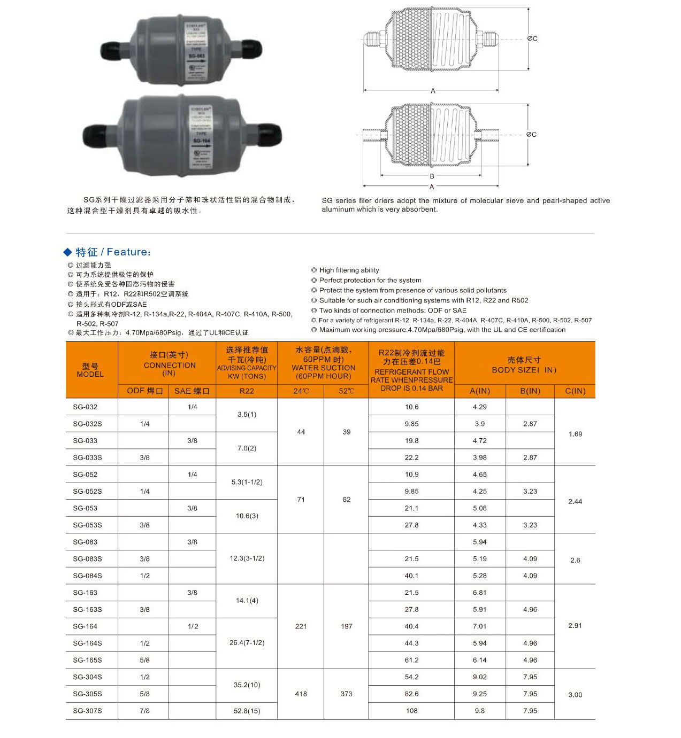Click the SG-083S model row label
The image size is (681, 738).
point(87,559)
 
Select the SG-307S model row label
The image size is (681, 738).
point(87,711)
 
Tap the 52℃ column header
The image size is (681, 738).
point(346,391)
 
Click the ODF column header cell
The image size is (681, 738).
point(144,391)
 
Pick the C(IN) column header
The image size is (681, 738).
point(575,391)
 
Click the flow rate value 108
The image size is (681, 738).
point(411,711)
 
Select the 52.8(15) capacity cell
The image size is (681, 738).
point(247,711)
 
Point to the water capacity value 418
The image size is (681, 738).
point(301,694)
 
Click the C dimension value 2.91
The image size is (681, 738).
point(575,626)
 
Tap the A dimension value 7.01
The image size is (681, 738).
point(480,626)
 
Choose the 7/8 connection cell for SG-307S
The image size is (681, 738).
point(144,711)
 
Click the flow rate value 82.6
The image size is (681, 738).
point(411,694)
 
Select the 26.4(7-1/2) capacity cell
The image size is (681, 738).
point(247,643)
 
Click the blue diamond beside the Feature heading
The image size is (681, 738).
point(67,252)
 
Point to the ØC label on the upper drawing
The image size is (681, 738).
point(532,38)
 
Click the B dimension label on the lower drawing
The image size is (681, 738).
point(432,176)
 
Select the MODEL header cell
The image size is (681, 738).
point(90,370)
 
